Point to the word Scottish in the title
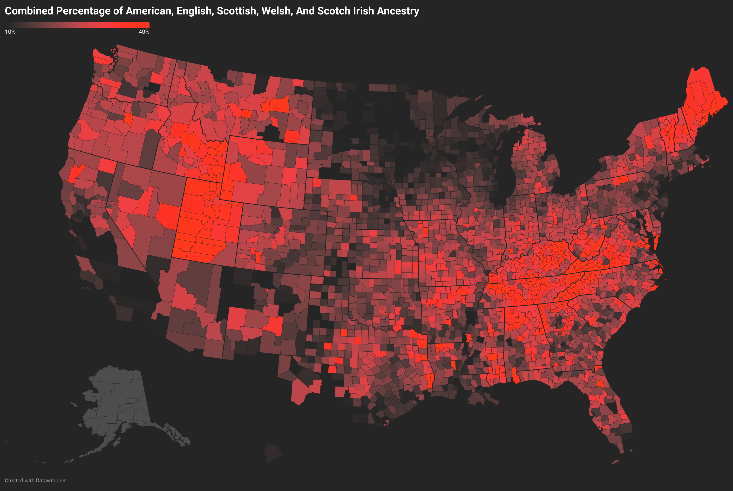pos(237,11)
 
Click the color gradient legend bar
pos(77,25)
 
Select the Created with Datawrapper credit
pos(35,480)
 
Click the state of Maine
pos(703,100)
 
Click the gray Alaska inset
pos(116,404)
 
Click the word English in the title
pos(194,11)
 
